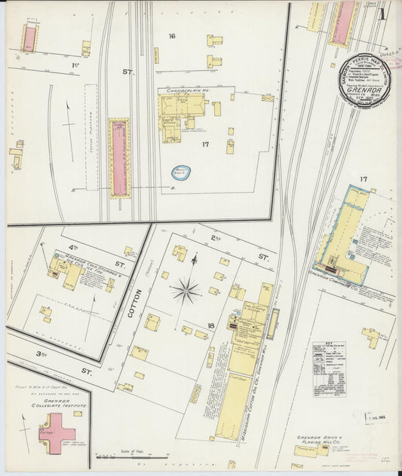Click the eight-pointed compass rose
coord(186,289)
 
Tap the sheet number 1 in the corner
coord(383,13)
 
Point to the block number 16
coord(172,36)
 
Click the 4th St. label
coord(74,247)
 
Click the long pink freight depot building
coord(119,158)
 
